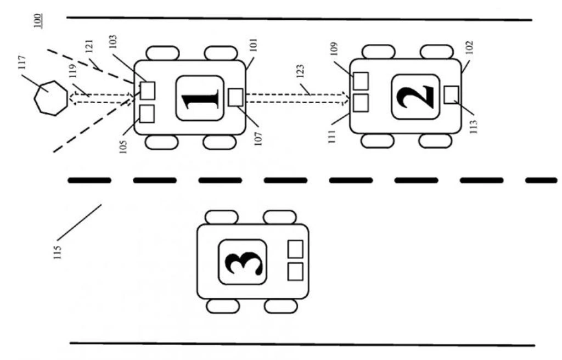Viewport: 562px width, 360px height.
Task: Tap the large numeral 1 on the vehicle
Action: click(x=200, y=98)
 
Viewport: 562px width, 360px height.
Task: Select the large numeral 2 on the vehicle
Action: click(x=416, y=97)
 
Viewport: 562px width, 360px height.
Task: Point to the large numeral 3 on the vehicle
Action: click(x=243, y=262)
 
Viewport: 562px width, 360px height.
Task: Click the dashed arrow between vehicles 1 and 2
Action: click(x=297, y=98)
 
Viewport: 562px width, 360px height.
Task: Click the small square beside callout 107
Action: click(x=235, y=97)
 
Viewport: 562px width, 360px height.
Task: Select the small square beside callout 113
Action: click(x=451, y=94)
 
